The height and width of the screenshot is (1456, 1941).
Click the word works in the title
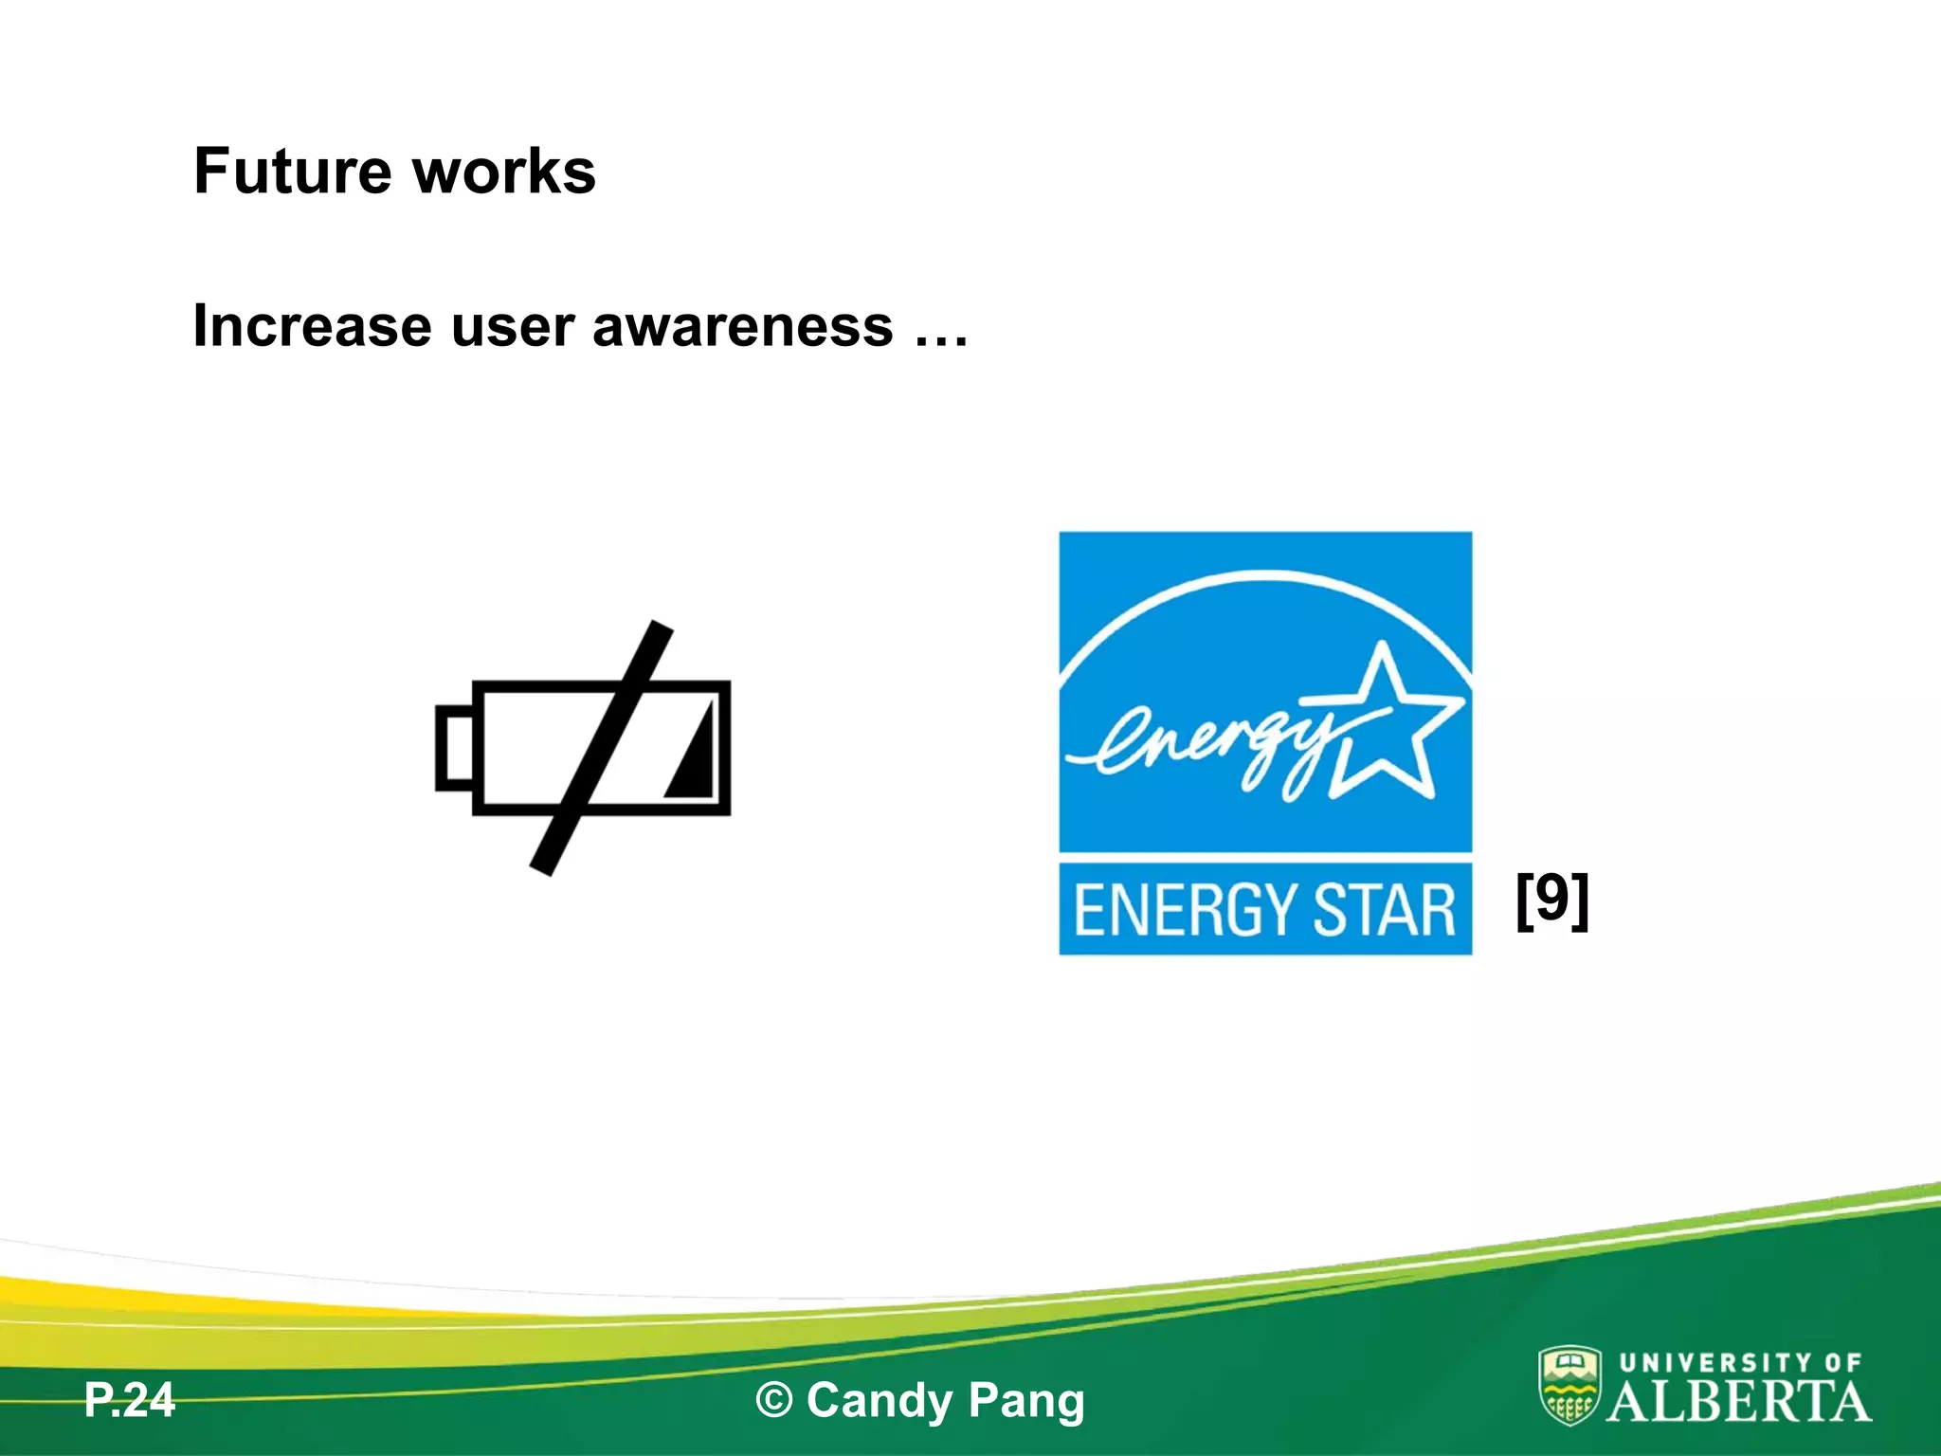(x=504, y=172)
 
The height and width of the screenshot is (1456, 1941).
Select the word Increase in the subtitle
(x=312, y=326)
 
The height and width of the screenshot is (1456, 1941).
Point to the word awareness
(x=742, y=328)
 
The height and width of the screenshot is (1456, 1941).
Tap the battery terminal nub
(x=454, y=748)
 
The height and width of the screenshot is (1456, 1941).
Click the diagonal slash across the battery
(x=601, y=748)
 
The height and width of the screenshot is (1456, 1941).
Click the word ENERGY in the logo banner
(x=1183, y=910)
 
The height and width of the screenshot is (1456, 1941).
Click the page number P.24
(x=130, y=1400)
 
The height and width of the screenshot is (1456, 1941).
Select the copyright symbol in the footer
(x=774, y=1401)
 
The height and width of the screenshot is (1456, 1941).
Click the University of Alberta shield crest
(x=1569, y=1385)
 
